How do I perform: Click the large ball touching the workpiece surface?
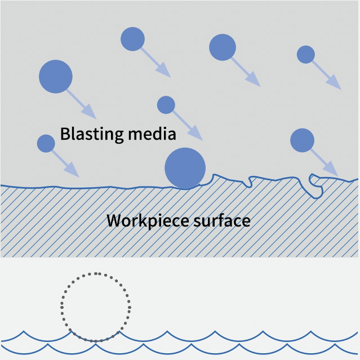tap(185, 168)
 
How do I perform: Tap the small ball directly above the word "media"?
tap(166, 105)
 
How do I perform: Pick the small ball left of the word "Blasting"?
tap(46, 144)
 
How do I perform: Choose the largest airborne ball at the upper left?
tap(56, 76)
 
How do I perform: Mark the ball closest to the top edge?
tap(133, 39)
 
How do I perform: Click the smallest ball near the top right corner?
tap(305, 55)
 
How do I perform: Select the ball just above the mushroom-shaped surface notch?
tap(302, 140)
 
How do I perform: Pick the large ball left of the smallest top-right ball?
tap(223, 47)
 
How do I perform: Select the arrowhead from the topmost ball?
tap(163, 70)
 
